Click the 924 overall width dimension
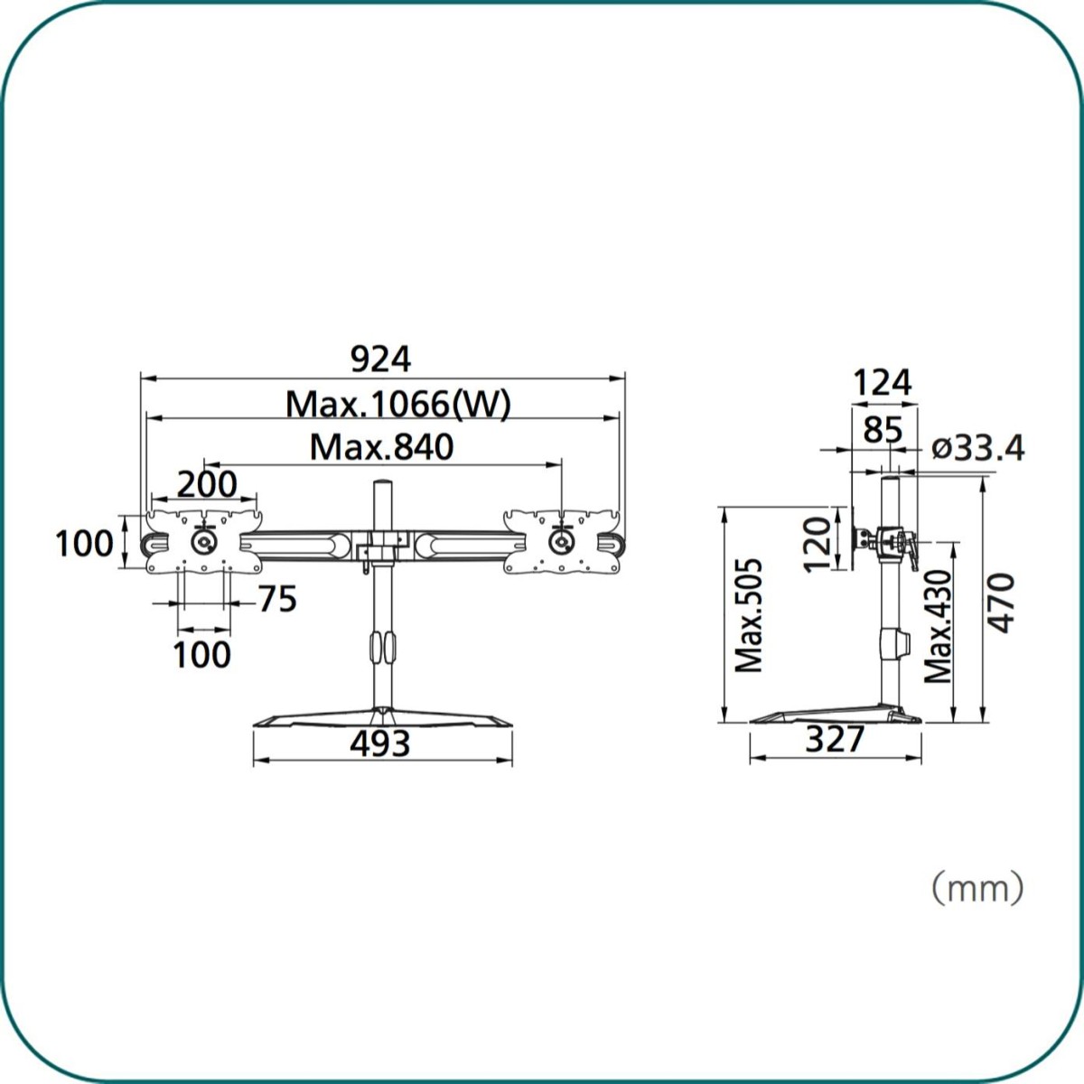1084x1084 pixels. coord(380,360)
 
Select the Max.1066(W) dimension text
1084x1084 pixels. coord(398,404)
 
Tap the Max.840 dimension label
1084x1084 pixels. coord(381,447)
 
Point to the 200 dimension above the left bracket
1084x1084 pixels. coord(207,484)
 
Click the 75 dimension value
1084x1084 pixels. coord(277,599)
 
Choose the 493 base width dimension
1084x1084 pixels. coord(380,743)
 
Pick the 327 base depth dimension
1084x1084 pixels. coord(835,739)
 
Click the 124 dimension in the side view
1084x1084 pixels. coord(882,383)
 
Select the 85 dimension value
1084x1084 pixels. coord(883,430)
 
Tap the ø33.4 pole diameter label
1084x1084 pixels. coord(977,448)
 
